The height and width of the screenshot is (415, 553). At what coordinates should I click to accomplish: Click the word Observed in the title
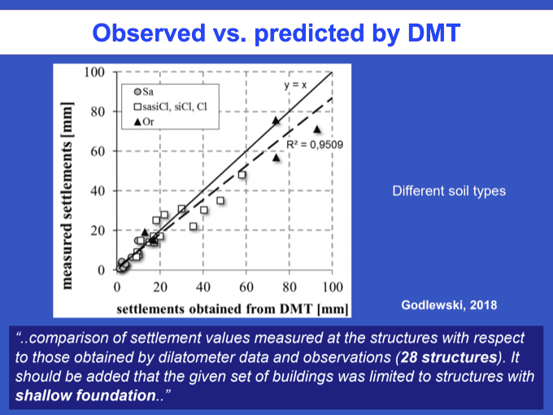[x=149, y=33]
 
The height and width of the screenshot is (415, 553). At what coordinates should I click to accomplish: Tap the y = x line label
[x=295, y=85]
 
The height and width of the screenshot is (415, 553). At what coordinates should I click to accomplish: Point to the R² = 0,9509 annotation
[x=315, y=145]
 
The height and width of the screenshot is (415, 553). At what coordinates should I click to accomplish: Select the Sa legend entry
[x=144, y=92]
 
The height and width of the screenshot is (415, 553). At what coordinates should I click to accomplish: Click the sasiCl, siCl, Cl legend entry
[x=170, y=107]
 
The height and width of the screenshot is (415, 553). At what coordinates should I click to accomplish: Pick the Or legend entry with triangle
[x=144, y=122]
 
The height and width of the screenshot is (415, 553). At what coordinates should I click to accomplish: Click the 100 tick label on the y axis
[x=94, y=72]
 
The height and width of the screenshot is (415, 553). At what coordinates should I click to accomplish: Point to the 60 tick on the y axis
[x=98, y=151]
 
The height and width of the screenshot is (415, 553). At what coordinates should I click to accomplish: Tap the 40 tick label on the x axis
[x=203, y=287]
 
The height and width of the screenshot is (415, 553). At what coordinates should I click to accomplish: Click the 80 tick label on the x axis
[x=290, y=287]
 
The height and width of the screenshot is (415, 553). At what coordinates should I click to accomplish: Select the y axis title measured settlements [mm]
[x=67, y=196]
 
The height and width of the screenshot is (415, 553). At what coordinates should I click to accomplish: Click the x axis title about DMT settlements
[x=233, y=309]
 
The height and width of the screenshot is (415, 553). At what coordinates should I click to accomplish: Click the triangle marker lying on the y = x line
[x=276, y=120]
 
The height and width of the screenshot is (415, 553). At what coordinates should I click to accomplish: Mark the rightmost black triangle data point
[x=317, y=129]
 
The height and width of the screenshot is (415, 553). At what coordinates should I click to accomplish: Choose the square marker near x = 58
[x=242, y=175]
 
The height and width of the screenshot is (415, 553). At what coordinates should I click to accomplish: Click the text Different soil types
[x=449, y=191]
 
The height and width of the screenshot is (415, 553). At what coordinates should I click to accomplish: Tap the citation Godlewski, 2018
[x=449, y=305]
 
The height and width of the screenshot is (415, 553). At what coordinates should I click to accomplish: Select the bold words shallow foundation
[x=85, y=395]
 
